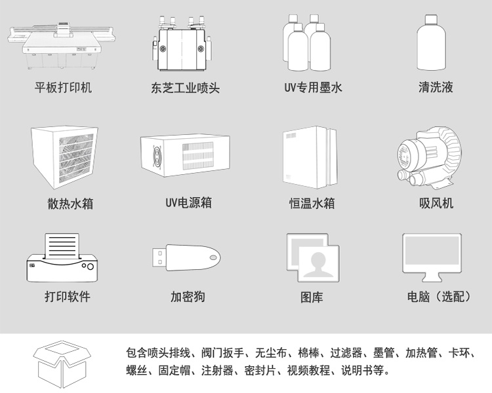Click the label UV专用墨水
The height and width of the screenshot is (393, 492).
click(x=313, y=87)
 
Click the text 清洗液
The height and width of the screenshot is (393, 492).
click(x=436, y=87)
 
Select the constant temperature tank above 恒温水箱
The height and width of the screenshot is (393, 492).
click(x=310, y=156)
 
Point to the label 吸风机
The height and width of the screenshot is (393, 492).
click(x=436, y=203)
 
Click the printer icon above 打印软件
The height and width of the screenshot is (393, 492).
click(x=58, y=257)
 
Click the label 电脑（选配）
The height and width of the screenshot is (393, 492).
click(x=438, y=297)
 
